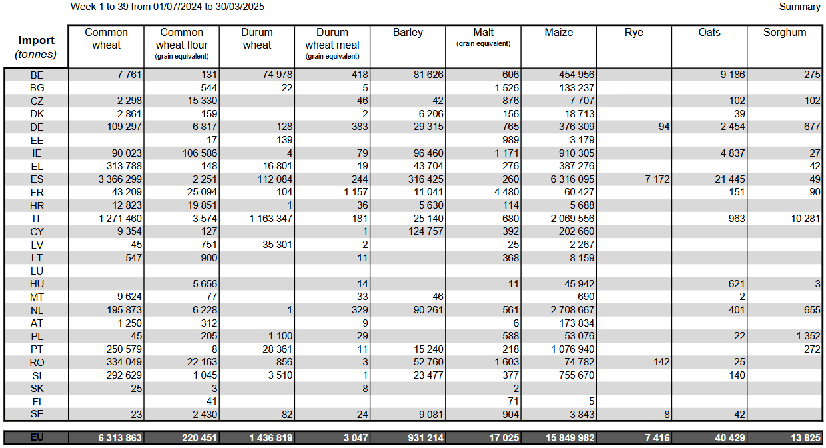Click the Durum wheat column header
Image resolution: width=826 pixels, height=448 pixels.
pos(257,39)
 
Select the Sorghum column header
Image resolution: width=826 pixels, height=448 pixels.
pos(785,33)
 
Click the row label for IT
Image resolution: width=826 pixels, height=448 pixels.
pos(37,219)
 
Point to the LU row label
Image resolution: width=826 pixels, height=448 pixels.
pos(37,271)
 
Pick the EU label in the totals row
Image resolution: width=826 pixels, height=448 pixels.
pos(37,437)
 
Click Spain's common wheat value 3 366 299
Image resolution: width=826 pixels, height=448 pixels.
pos(120,179)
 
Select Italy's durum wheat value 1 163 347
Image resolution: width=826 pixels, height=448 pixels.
pos(271,219)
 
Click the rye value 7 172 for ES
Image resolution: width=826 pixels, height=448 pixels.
pos(657,179)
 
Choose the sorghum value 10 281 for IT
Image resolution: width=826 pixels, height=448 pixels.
pos(805,219)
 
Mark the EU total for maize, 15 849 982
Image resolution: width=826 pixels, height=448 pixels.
pos(570,438)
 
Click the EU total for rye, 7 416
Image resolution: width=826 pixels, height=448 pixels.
pos(657,438)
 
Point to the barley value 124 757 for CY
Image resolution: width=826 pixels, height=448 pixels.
pos(426,231)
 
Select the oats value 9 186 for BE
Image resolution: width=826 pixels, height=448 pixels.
pos(733,75)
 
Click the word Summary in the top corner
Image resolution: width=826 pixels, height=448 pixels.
pos(800,7)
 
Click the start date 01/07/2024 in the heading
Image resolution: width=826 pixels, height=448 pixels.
pos(178,7)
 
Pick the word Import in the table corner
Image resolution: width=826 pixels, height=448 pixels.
pos(37,40)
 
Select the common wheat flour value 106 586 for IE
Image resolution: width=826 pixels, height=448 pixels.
pos(199,153)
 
